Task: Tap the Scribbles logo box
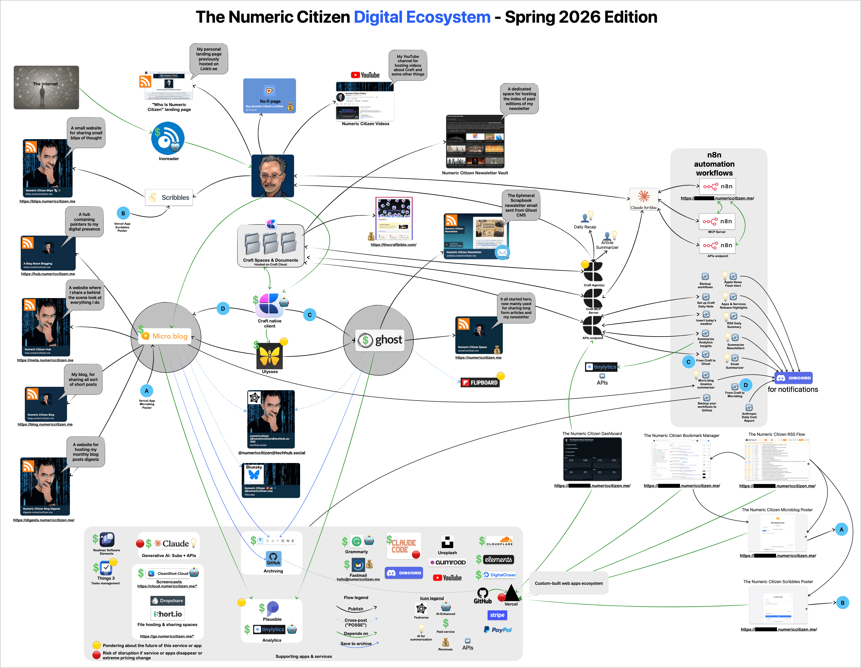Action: [x=169, y=197]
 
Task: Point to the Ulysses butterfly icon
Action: [x=270, y=356]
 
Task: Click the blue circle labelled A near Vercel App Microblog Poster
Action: [x=147, y=391]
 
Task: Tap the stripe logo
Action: [x=497, y=615]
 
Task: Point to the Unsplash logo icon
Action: [x=447, y=542]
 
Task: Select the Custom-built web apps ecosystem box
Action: [x=568, y=583]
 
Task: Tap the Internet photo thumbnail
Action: [x=46, y=87]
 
